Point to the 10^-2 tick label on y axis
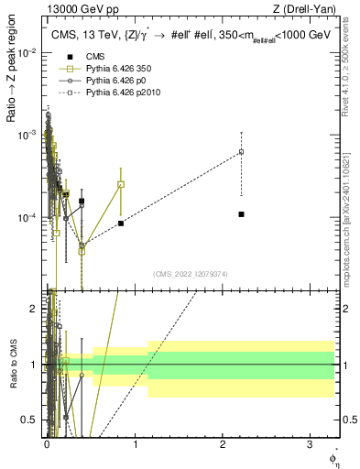(28, 52)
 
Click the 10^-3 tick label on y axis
(28, 136)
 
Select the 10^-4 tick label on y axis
(28, 218)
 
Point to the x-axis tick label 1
(135, 442)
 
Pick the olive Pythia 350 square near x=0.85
(121, 184)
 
